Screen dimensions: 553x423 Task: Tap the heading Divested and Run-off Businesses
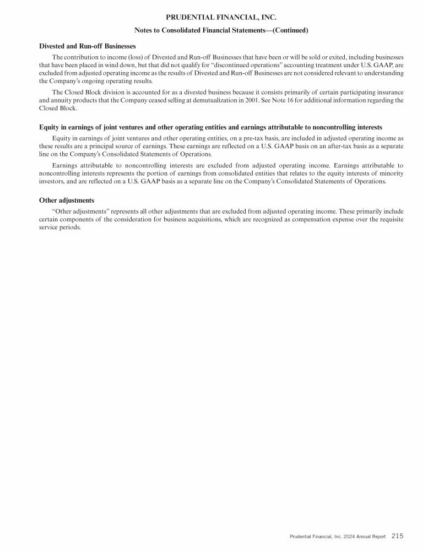coord(88,46)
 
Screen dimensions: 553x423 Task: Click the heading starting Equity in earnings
coord(210,127)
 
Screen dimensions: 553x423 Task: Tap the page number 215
coord(398,535)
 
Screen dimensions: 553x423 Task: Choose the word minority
coord(388,174)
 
